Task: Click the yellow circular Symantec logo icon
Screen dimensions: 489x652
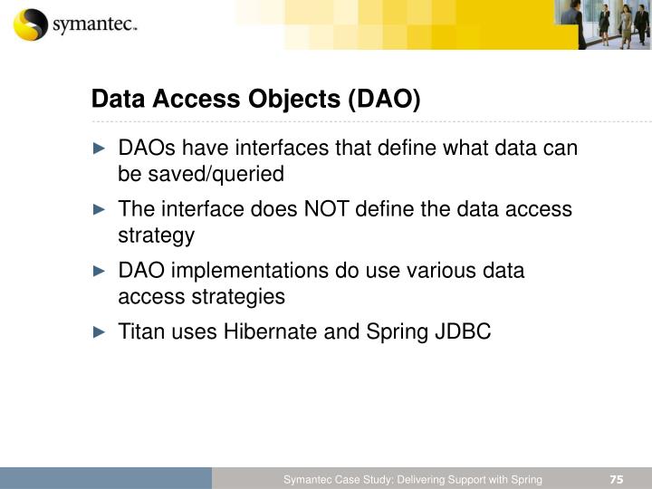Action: [30, 24]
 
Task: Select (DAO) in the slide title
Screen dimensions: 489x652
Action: [385, 98]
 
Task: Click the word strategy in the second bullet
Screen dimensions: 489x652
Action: [156, 235]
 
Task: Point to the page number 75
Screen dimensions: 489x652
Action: [617, 479]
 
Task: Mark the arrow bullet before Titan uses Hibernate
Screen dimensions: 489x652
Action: [100, 332]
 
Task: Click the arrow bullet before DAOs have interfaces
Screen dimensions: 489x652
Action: [100, 148]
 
